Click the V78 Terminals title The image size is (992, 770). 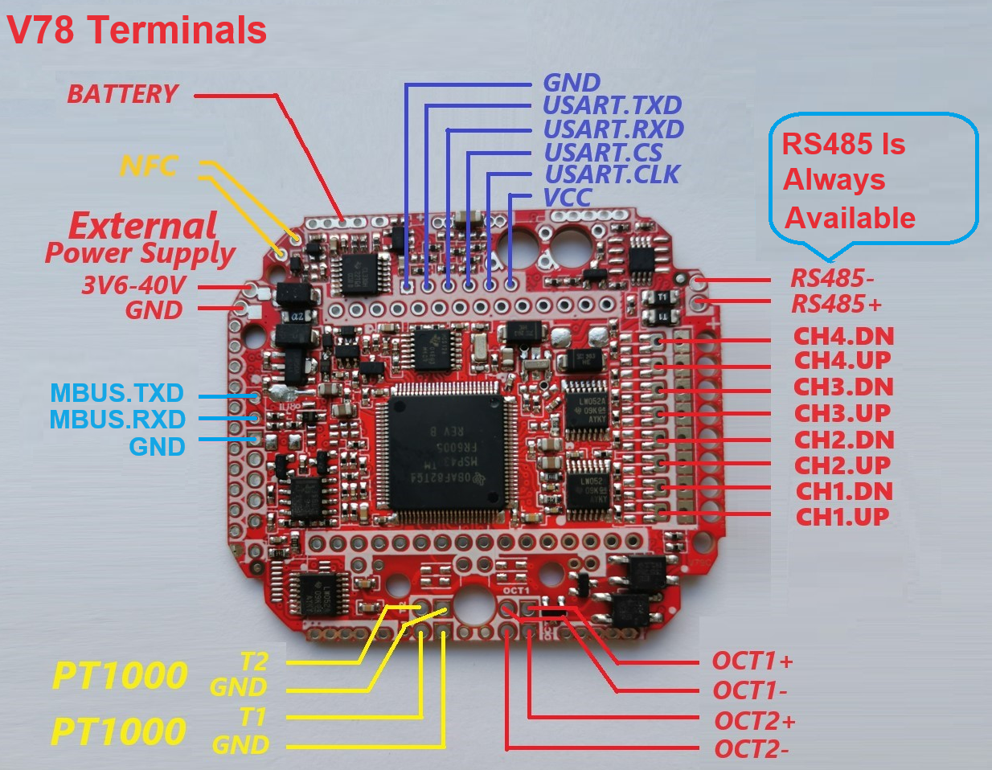(x=137, y=31)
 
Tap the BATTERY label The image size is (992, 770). (x=122, y=94)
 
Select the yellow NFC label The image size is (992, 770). (x=149, y=166)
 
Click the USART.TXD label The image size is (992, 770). (x=612, y=105)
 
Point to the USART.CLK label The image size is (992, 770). (x=612, y=174)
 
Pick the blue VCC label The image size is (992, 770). (x=568, y=197)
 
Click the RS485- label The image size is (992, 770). (x=832, y=279)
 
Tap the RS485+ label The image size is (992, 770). (x=836, y=305)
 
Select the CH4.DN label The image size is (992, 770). (x=843, y=337)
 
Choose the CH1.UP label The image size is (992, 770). (x=842, y=517)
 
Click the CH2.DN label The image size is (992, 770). (x=843, y=440)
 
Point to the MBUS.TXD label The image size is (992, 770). (x=117, y=393)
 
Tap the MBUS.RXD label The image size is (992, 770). (x=117, y=420)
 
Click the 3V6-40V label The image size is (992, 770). (x=133, y=285)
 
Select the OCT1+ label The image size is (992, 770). (x=752, y=661)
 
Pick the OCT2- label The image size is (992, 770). (x=751, y=749)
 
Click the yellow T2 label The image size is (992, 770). (x=253, y=661)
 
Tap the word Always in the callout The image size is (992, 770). (x=834, y=180)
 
